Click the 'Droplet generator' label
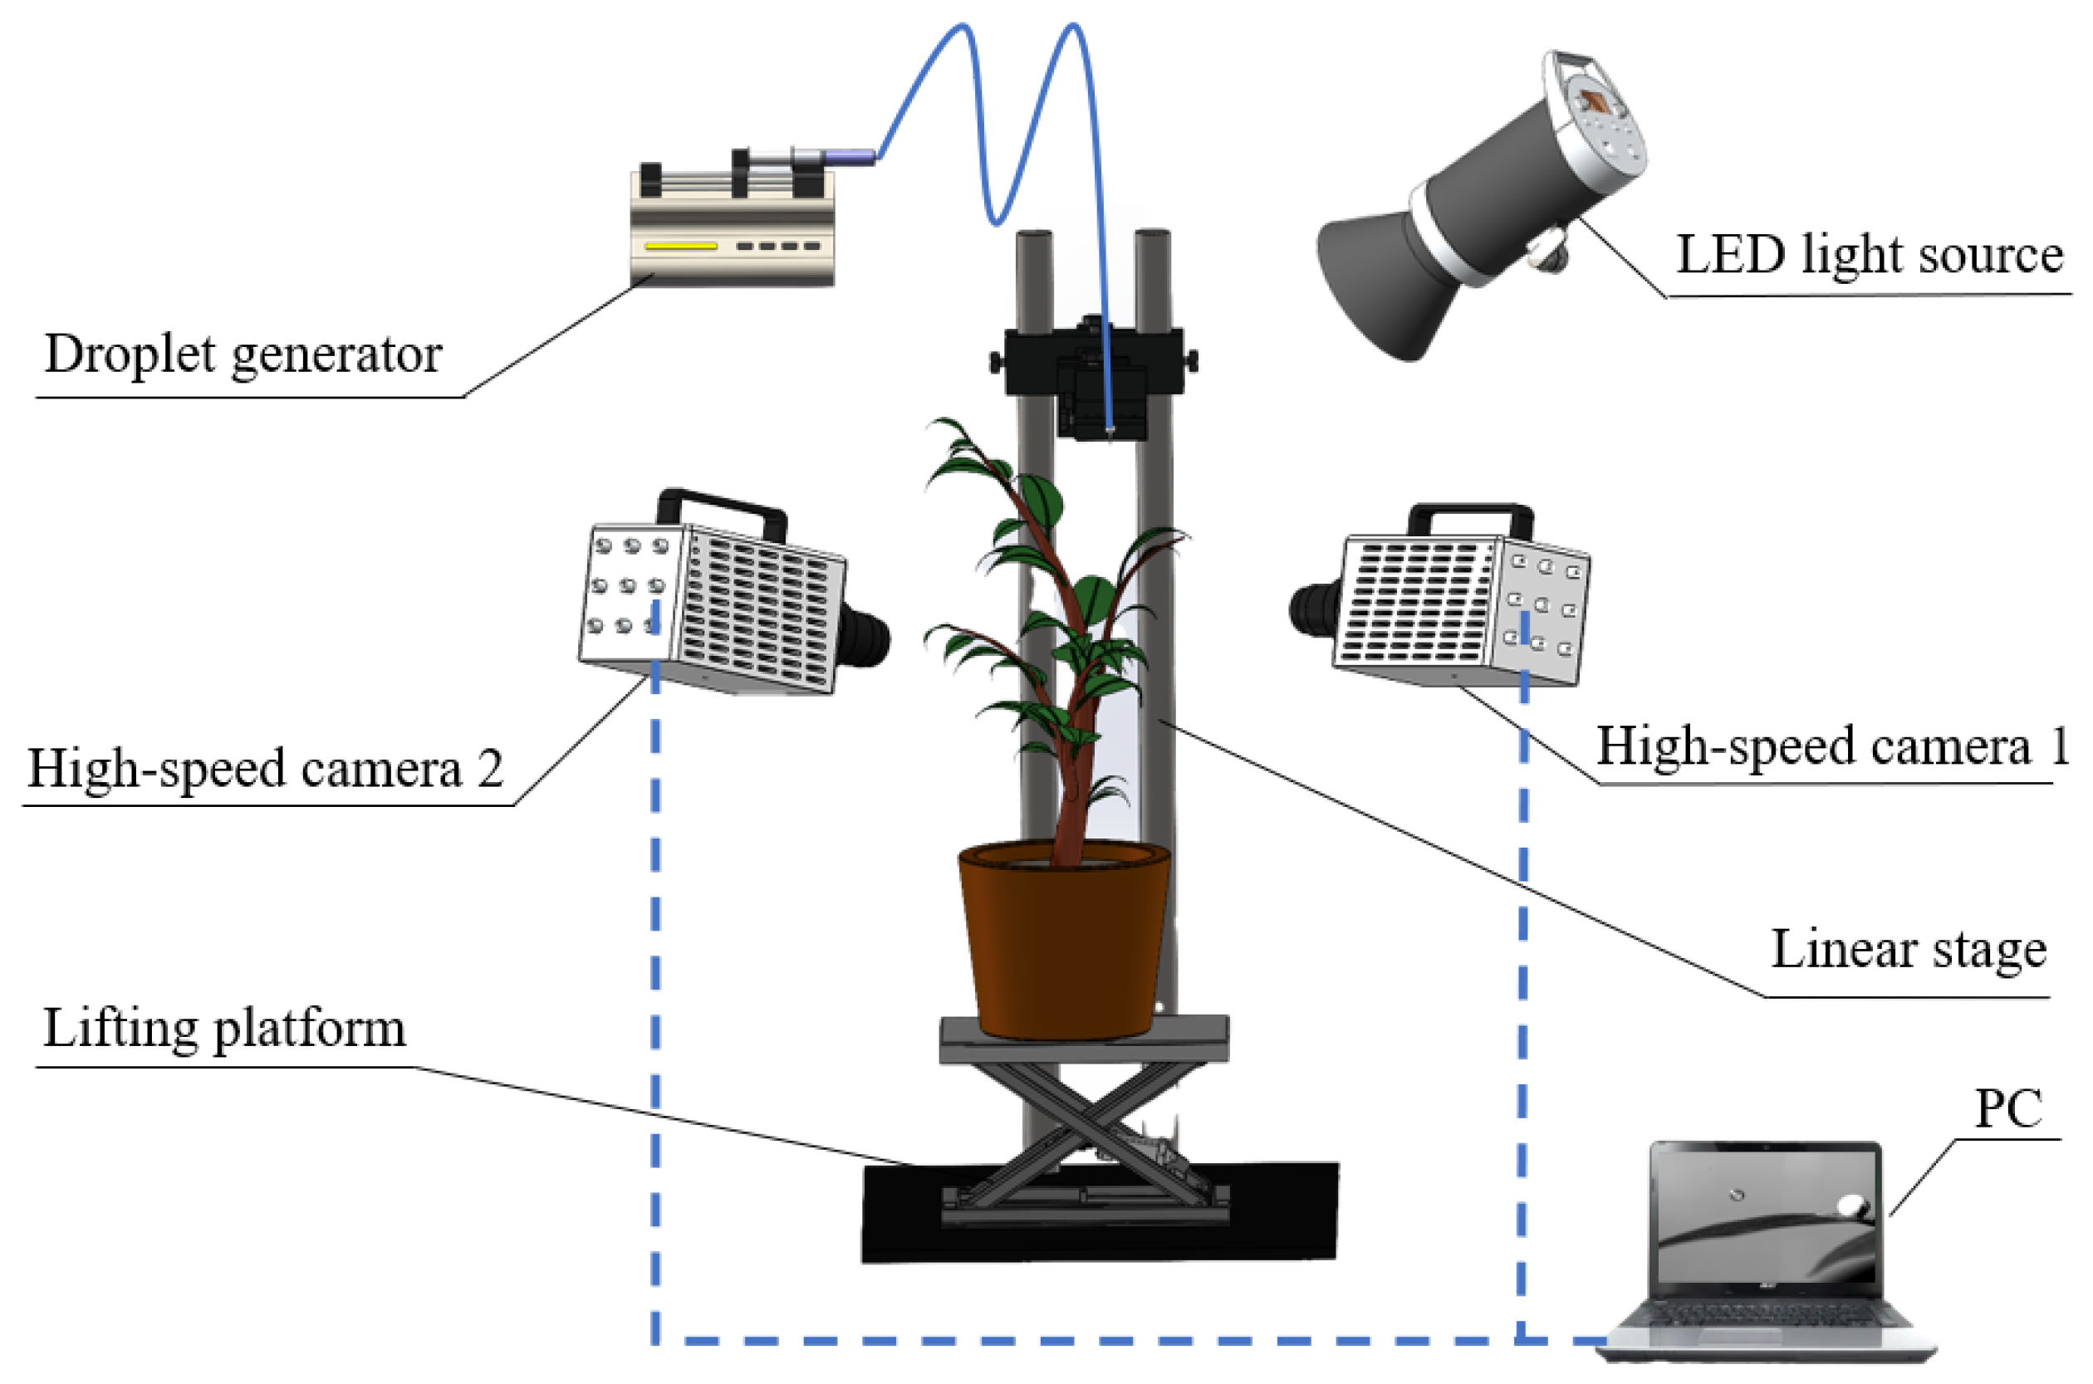[x=243, y=355]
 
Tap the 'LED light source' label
[x=1868, y=256]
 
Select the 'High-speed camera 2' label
[x=265, y=768]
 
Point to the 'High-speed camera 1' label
[x=1831, y=746]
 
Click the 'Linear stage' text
[x=1908, y=951]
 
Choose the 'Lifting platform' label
[x=225, y=1029]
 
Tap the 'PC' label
[x=2007, y=1108]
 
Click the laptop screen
[x=1766, y=1218]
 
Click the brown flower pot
[x=1064, y=945]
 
